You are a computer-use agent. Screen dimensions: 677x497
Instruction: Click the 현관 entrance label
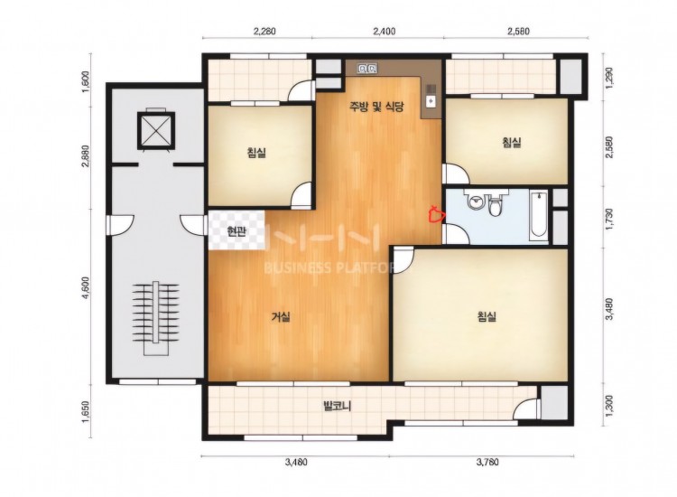point(236,232)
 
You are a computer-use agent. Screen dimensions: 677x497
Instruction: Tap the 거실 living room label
point(281,317)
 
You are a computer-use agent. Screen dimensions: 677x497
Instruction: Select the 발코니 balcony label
point(338,407)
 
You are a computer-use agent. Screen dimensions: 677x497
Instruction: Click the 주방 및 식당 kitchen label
point(376,107)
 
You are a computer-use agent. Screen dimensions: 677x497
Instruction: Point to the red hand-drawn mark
point(436,212)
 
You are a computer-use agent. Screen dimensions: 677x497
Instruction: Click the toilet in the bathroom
point(495,205)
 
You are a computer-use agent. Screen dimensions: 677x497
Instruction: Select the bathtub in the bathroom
point(538,215)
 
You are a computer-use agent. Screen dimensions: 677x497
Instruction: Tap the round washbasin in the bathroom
point(476,202)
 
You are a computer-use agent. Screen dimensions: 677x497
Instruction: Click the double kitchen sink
point(367,69)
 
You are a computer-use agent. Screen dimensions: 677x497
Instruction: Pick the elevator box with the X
point(156,130)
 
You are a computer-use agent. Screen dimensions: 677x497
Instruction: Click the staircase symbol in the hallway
point(155,318)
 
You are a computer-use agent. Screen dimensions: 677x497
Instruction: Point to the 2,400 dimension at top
point(383,31)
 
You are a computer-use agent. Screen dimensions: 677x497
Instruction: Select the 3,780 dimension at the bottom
point(487,462)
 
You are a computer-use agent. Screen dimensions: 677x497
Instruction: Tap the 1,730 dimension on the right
point(609,220)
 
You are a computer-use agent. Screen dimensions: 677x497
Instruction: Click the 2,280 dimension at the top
point(264,31)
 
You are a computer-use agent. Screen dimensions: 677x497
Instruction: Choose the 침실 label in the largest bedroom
point(487,317)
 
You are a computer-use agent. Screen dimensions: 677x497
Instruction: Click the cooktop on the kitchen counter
point(431,95)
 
